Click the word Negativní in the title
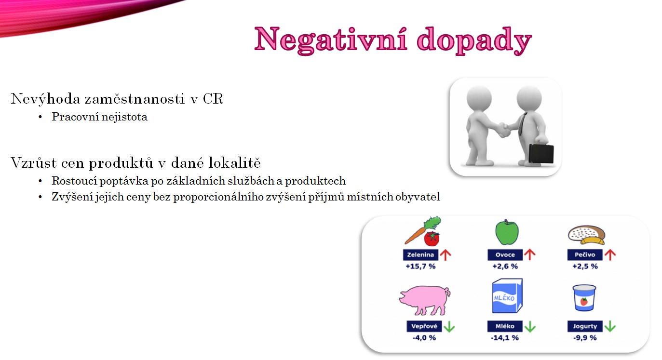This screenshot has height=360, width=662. pos(331,40)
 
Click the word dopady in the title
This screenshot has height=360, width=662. pos(474,41)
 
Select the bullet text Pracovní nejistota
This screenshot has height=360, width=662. pos(99,117)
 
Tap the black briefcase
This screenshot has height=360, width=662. pos(541,153)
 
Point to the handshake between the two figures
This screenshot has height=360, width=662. pos(503,130)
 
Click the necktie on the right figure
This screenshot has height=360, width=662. pos(522,124)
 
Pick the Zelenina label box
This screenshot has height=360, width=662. pos(420,255)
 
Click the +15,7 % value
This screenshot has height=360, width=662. pos(420,267)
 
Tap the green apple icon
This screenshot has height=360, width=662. pos(507,232)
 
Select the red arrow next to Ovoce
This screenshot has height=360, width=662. pos(530,254)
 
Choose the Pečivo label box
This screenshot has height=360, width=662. pos(584,255)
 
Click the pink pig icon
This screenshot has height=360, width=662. pos(425,300)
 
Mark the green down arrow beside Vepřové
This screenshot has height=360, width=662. pos(449,327)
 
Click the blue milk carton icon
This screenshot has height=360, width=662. pos(507,295)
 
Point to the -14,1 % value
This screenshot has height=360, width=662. pos(505,338)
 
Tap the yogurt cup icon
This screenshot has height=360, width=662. pos(584,298)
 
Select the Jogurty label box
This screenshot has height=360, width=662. pos(585,326)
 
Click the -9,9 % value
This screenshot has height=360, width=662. pos(585,338)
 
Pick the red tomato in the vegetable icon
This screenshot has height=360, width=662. pos(432,239)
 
